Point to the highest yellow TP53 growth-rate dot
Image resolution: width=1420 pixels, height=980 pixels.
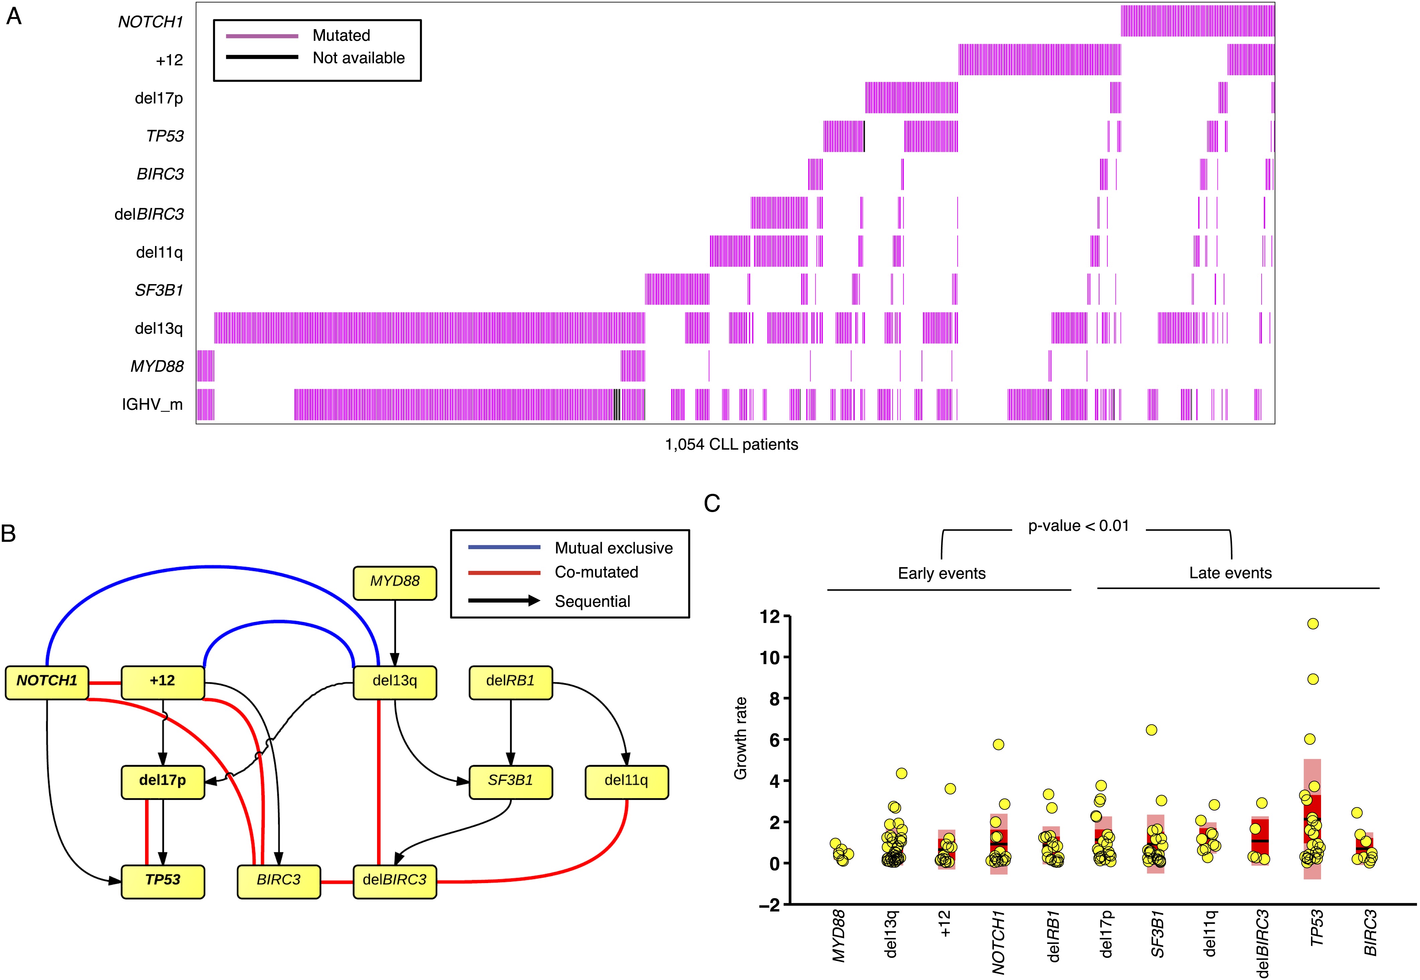pyautogui.click(x=1313, y=624)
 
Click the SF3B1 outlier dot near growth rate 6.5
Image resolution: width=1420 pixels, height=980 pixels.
pyautogui.click(x=1152, y=729)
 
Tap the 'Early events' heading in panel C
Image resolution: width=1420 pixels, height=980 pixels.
pyautogui.click(x=942, y=574)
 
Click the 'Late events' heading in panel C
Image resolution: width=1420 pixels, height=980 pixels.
pyautogui.click(x=1230, y=573)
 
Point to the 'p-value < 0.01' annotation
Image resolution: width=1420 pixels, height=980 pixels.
pyautogui.click(x=1079, y=526)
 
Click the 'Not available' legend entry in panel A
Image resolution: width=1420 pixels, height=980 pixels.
pyautogui.click(x=359, y=58)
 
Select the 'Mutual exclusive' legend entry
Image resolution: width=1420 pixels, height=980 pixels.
pyautogui.click(x=613, y=548)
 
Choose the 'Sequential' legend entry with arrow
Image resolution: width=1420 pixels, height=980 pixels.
pyautogui.click(x=592, y=601)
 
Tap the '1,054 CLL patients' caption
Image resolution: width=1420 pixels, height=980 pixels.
pyautogui.click(x=731, y=445)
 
